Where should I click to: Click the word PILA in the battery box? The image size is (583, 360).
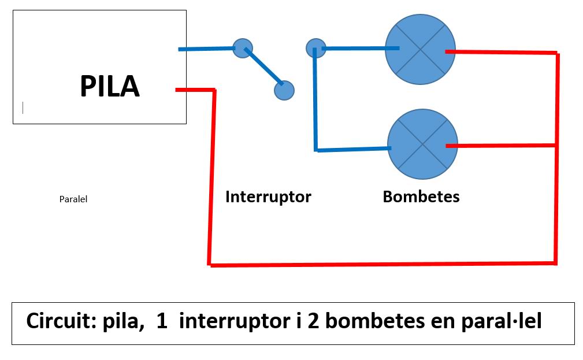(x=110, y=87)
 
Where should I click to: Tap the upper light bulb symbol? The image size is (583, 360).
(x=421, y=50)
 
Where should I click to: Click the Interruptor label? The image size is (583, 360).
(x=268, y=197)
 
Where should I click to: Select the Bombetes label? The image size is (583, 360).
(x=421, y=197)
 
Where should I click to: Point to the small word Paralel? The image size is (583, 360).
(x=73, y=199)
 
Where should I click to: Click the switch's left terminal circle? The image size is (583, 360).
(x=242, y=47)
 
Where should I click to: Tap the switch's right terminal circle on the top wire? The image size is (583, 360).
(x=315, y=48)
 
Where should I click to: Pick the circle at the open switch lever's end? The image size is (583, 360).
(x=284, y=90)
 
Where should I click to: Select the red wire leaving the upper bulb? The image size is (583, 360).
(x=500, y=53)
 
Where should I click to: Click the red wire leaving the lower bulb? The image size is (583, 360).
(x=500, y=146)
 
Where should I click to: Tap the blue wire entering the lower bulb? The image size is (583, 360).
(x=352, y=150)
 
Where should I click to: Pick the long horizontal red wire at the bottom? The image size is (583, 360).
(x=381, y=265)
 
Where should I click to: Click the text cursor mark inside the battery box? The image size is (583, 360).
(x=23, y=107)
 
